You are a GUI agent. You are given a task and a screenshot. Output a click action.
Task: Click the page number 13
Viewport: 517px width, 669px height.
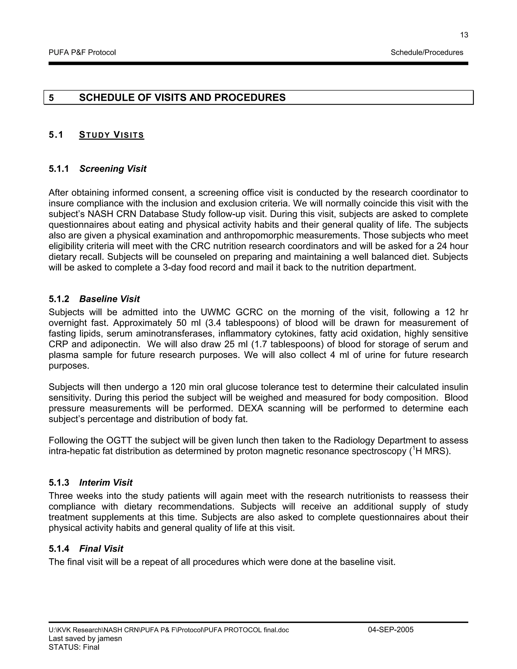(x=464, y=35)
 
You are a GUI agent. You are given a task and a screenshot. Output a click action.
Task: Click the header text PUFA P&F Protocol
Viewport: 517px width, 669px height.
(x=82, y=53)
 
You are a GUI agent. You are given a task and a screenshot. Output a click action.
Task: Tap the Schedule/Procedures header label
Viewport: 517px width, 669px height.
(x=427, y=53)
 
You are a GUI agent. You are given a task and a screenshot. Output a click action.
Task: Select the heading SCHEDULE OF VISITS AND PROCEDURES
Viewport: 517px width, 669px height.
(x=182, y=98)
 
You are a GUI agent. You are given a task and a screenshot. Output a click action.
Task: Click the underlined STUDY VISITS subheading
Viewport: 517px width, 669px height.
(x=112, y=135)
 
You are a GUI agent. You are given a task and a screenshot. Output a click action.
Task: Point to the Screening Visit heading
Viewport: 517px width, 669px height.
(x=113, y=169)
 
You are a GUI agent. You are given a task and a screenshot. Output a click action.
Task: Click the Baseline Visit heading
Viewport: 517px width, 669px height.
(x=109, y=299)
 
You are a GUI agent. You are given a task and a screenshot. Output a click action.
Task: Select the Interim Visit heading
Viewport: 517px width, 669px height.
(x=106, y=483)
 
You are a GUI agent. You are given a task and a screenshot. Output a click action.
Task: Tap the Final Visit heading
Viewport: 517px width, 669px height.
(x=101, y=549)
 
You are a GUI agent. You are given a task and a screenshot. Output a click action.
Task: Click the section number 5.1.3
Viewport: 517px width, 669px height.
(x=59, y=483)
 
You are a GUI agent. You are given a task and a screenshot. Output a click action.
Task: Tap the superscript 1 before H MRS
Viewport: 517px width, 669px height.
(x=413, y=449)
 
